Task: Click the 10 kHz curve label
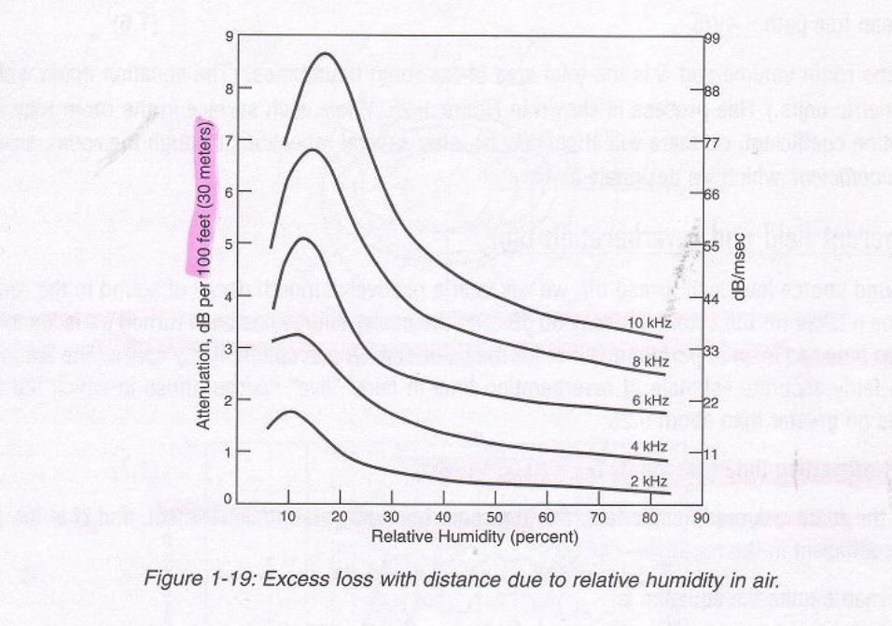pyautogui.click(x=649, y=323)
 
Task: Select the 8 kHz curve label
pyautogui.click(x=650, y=360)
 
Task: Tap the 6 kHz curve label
pyautogui.click(x=650, y=400)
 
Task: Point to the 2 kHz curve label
pyautogui.click(x=650, y=481)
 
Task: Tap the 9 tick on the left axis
pyautogui.click(x=228, y=37)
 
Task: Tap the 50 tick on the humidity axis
pyautogui.click(x=495, y=518)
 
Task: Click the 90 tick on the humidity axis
pyautogui.click(x=701, y=518)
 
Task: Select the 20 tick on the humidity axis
pyautogui.click(x=341, y=518)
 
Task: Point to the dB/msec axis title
pyautogui.click(x=737, y=267)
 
